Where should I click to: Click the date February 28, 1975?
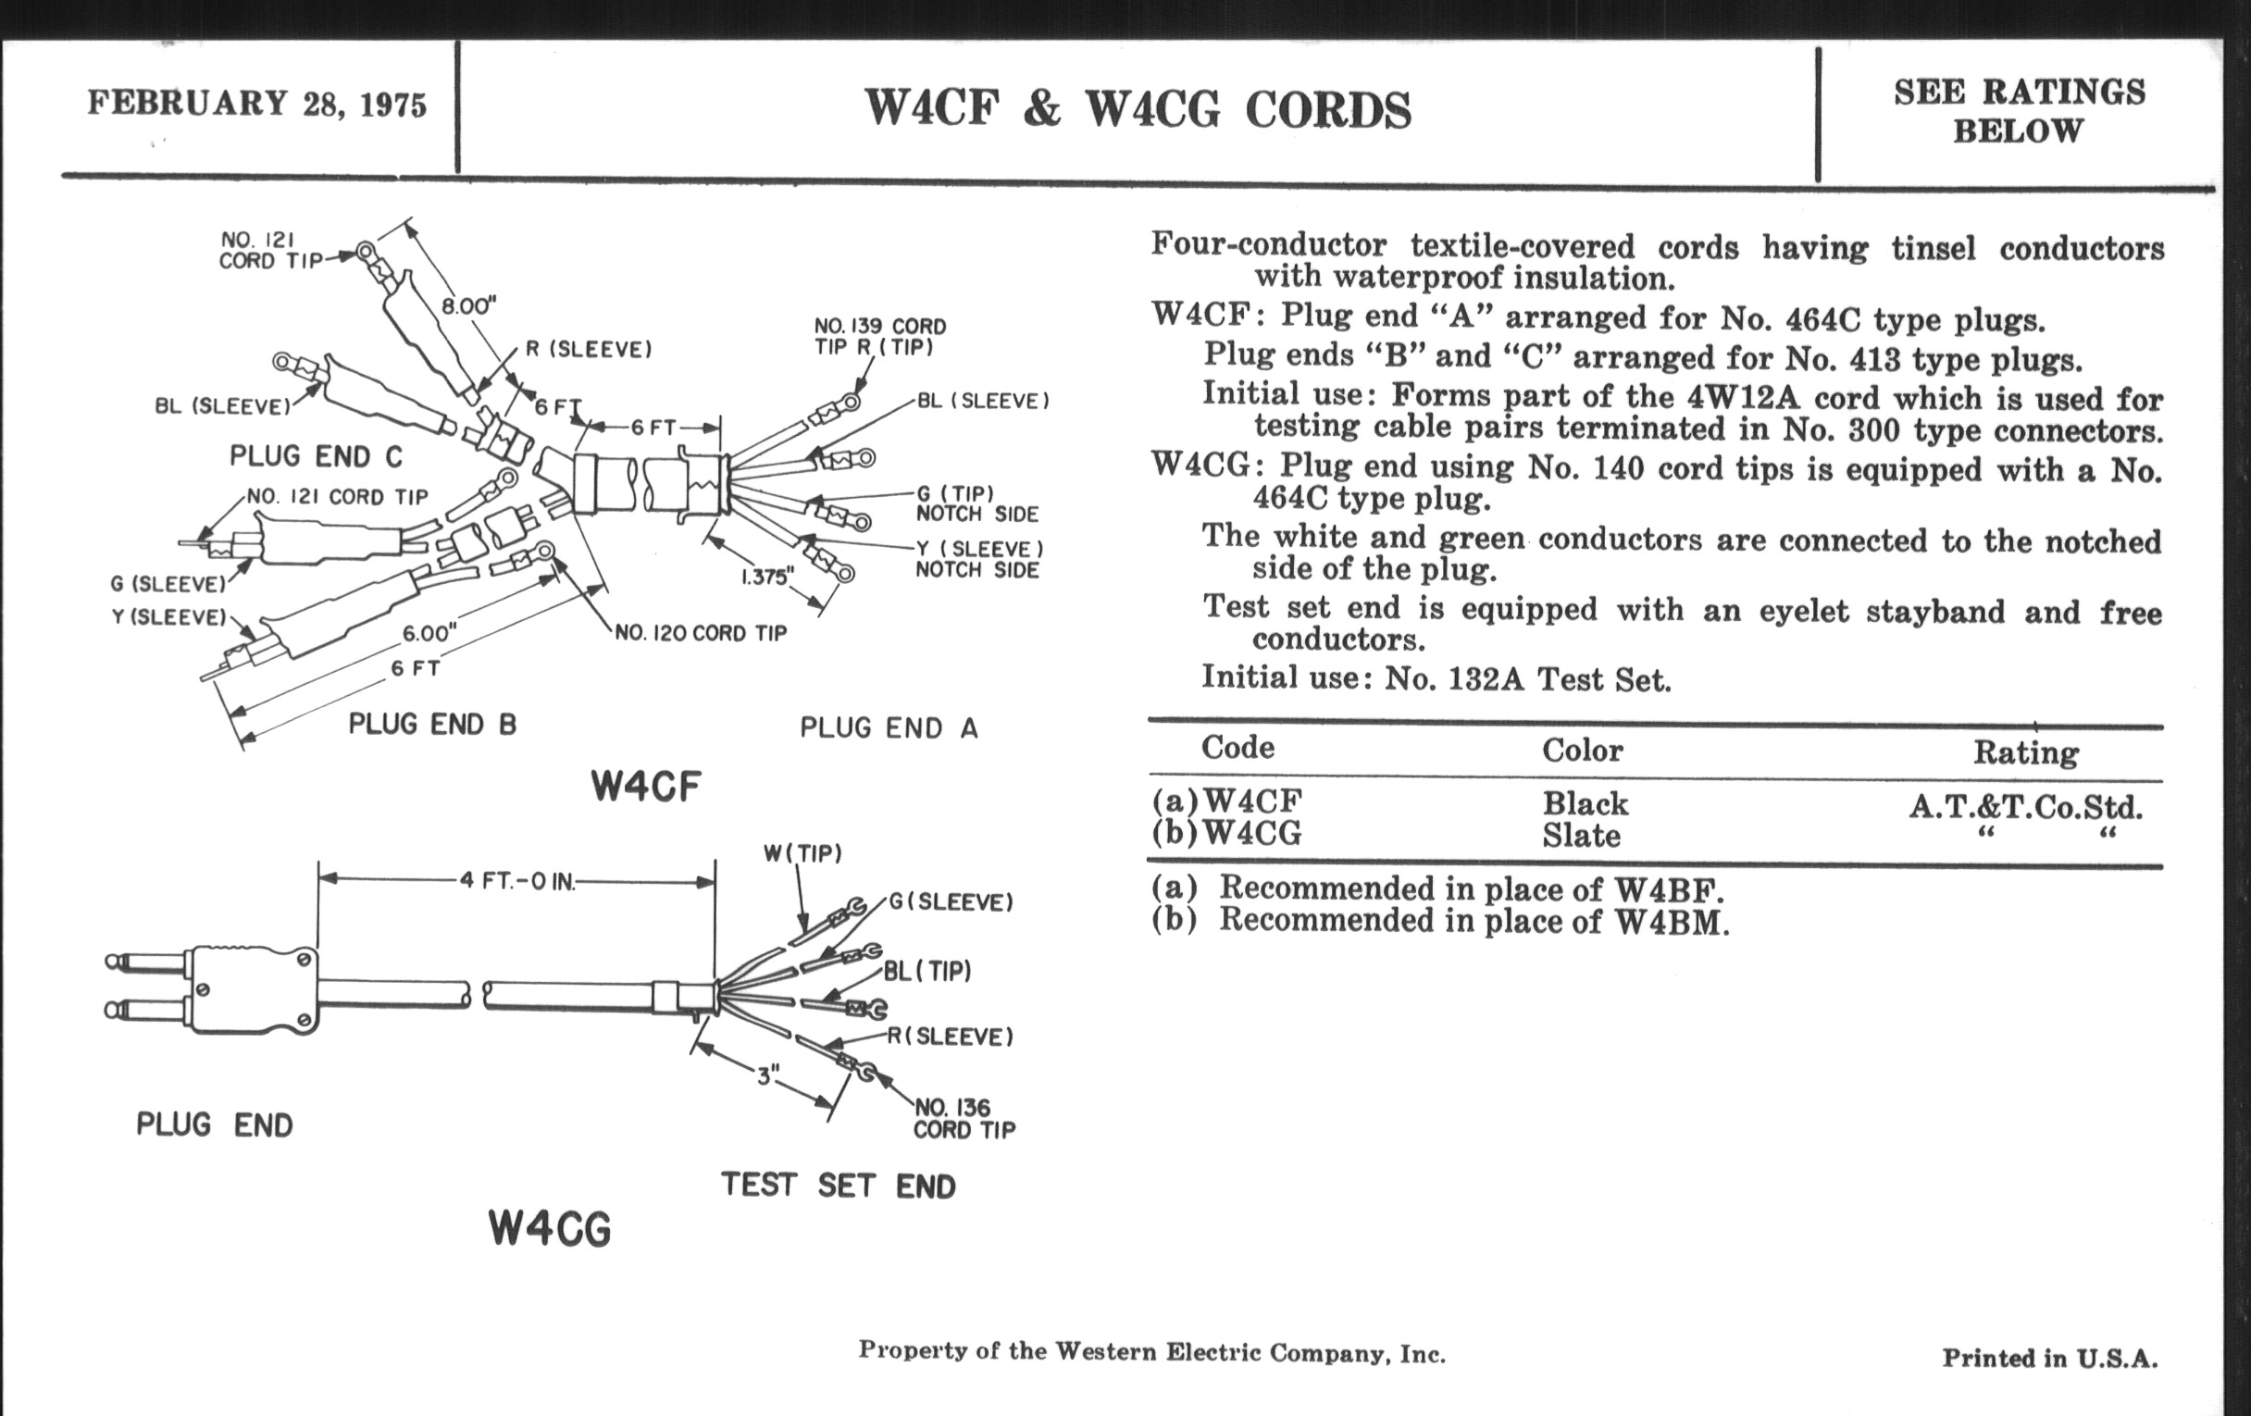pos(257,103)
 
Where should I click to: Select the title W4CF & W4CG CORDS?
pos(1138,109)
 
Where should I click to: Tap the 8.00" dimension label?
pos(468,306)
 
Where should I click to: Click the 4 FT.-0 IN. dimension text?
pos(517,881)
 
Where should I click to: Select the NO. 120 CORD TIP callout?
pos(700,634)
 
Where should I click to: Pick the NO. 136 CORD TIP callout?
pos(964,1119)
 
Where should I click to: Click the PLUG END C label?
pos(316,456)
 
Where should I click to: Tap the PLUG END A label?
pos(888,727)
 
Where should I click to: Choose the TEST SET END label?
pos(839,1186)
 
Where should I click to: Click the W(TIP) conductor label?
pos(803,853)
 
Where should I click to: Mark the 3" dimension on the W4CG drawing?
pos(767,1076)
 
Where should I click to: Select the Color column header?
pos(1583,750)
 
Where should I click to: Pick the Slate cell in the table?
pos(1581,835)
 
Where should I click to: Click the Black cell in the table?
pos(1585,804)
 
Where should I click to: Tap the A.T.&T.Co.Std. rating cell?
pos(2026,806)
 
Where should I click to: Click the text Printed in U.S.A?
pos(2050,1358)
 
